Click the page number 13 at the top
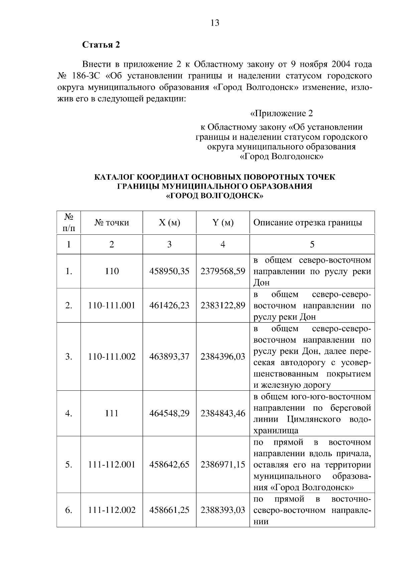coord(215,23)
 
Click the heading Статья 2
coord(101,45)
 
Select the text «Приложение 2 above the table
coord(281,114)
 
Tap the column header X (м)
coord(169,222)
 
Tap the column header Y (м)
coord(223,222)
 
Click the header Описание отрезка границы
coord(307,222)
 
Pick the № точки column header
coord(112,222)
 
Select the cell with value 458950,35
coord(169,271)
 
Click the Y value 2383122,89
coord(223,305)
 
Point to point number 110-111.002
coord(112,356)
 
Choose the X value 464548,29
coord(169,413)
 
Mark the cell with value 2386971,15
coord(223,464)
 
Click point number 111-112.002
coord(112,510)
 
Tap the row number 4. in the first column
coord(69,413)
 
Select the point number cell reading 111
coord(112,413)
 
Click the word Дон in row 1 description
coord(261,283)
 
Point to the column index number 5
coord(312,244)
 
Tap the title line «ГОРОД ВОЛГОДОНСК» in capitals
coord(215,196)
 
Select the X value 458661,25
coord(169,510)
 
